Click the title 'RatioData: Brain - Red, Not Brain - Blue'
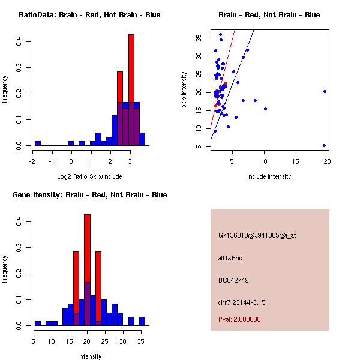89,15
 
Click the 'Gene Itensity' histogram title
89,195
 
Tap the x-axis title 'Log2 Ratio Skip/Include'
89,176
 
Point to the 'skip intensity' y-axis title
184,89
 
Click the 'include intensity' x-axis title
269,176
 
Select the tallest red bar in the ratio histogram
131,90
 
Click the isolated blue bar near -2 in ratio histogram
38,143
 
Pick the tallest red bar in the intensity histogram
87,270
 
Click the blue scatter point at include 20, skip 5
324,145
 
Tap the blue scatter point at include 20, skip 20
325,92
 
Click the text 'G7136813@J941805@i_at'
257,235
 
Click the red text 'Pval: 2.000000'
239,319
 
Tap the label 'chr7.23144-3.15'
242,302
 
